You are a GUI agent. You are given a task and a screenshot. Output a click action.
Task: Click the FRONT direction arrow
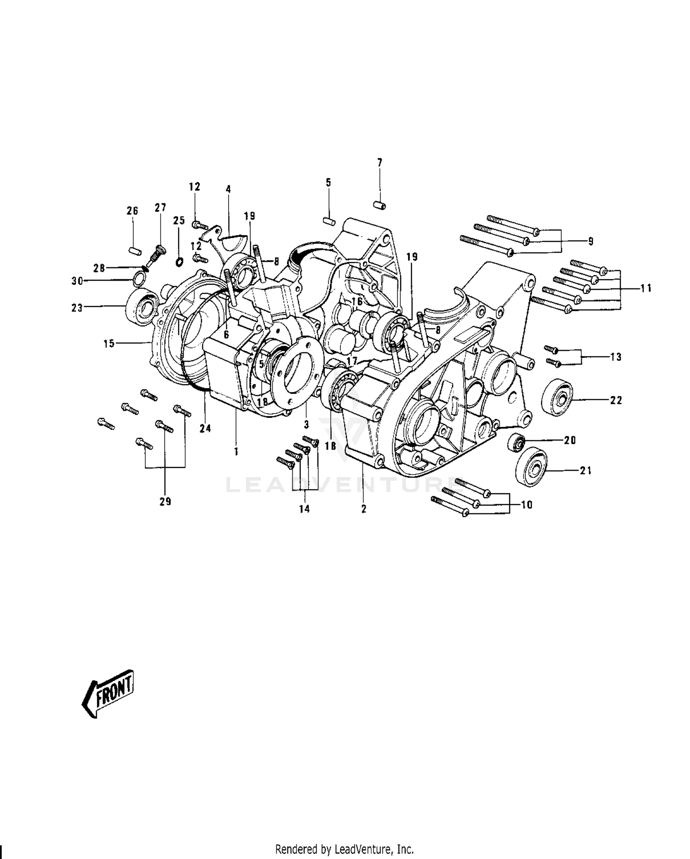(108, 693)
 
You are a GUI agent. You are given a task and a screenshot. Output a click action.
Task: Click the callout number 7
(379, 162)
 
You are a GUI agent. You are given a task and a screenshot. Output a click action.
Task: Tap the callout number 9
(591, 241)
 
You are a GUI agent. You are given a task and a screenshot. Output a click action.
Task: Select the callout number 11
(646, 288)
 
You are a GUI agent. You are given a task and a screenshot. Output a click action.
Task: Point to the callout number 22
(616, 400)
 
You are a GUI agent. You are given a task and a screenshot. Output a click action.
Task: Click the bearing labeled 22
(557, 398)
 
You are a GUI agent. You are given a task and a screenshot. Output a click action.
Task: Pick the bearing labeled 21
(531, 466)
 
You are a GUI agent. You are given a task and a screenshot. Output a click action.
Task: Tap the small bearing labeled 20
(517, 443)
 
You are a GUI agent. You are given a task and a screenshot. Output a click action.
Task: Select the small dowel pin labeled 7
(379, 204)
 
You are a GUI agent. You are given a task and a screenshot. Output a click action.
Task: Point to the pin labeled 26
(134, 249)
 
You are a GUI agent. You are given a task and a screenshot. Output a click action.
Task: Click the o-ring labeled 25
(179, 262)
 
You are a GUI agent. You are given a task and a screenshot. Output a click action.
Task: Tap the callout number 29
(165, 502)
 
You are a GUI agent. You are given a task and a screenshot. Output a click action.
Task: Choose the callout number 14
(304, 509)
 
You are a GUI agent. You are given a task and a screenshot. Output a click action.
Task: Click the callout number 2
(363, 509)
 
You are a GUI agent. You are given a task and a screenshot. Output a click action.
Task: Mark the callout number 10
(527, 505)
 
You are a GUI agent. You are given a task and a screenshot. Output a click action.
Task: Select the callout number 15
(109, 343)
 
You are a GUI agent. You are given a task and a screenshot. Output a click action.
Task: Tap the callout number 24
(205, 428)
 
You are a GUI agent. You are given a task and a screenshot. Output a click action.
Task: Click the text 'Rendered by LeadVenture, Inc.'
(345, 848)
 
